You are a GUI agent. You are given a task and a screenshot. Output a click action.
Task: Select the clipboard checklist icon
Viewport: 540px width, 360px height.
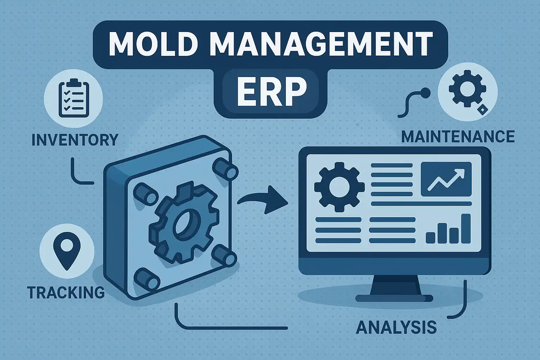pos(74,98)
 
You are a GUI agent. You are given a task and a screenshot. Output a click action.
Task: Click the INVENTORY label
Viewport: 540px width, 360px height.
pos(75,140)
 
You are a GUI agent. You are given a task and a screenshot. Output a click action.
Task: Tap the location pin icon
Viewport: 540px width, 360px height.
pos(67,251)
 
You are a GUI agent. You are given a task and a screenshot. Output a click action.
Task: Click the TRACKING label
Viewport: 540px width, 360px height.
pos(66,292)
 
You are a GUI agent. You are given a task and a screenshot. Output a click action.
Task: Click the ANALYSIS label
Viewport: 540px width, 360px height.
pos(396,327)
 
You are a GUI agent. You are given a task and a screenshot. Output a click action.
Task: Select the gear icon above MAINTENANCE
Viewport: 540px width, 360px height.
pos(467,89)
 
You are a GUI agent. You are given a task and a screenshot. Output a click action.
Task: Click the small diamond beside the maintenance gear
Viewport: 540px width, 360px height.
pos(482,110)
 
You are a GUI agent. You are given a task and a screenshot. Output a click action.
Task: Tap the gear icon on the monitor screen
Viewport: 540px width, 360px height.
pos(339,187)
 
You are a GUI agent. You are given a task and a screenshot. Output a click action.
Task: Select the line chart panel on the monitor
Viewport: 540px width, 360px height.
pos(446,179)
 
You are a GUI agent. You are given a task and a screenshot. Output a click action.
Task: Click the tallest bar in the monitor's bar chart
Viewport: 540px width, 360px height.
pos(466,229)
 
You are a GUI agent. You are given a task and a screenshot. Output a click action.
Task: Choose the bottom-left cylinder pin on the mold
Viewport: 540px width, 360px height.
pos(147,279)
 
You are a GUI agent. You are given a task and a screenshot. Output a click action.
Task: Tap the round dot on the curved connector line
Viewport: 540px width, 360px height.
pos(425,93)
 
